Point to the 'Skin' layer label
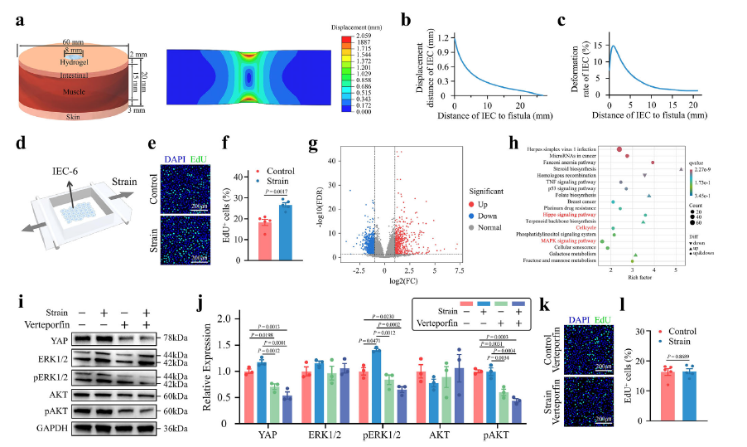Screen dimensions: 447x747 [x=74, y=117]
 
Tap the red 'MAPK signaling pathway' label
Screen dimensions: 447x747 [x=566, y=240]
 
